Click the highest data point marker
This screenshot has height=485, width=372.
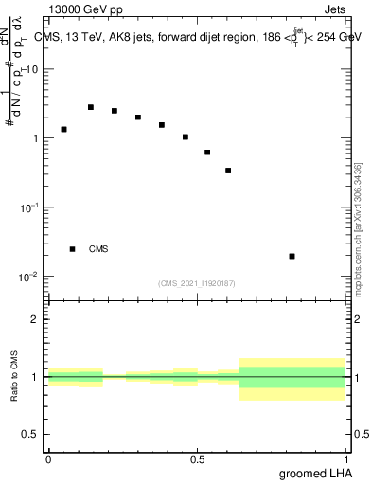tap(91, 107)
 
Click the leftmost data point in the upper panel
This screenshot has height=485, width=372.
tap(63, 129)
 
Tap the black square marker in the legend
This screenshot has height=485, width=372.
tap(73, 249)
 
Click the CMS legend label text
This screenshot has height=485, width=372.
tap(98, 249)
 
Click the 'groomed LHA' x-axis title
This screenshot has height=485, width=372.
tap(312, 473)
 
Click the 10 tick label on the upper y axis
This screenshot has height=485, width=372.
tap(32, 70)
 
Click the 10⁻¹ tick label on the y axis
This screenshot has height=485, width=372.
tap(30, 207)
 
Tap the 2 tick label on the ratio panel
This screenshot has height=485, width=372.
tap(36, 319)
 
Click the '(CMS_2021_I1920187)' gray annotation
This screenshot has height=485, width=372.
tap(197, 283)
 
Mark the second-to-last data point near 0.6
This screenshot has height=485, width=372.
tap(228, 171)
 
